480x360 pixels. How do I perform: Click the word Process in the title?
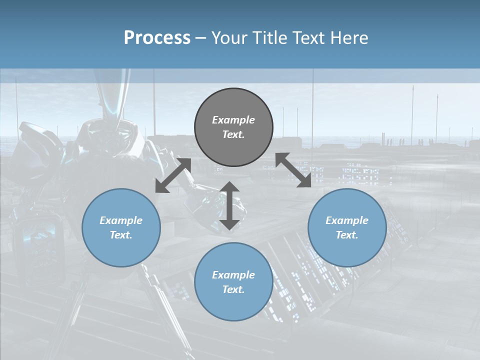point(157,38)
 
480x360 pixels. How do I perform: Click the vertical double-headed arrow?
point(229,205)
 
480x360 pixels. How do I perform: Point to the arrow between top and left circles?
point(173,175)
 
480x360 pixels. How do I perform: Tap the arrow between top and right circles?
point(293,170)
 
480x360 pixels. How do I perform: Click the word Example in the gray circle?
point(233,120)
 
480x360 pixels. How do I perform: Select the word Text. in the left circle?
point(121,235)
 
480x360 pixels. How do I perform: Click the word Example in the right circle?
point(347,220)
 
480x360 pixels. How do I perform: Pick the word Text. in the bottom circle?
point(233,289)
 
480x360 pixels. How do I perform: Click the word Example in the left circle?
point(121,220)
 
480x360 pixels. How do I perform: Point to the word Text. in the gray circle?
point(233,134)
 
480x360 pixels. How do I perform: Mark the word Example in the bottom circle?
point(233,275)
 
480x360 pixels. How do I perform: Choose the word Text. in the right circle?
point(347,235)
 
